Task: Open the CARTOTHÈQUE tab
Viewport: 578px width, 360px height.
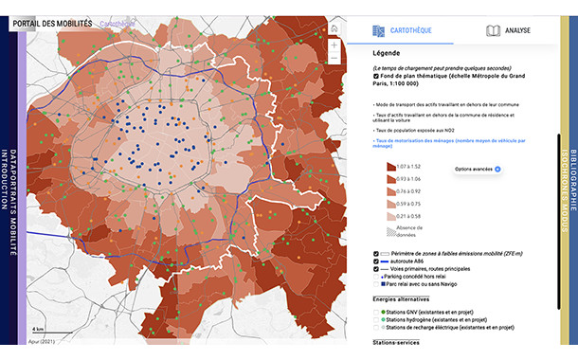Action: pos(411,30)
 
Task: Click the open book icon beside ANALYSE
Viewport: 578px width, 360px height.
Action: pos(493,30)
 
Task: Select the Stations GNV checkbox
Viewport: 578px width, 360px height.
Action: pos(376,312)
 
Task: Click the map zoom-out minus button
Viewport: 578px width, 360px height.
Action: pos(334,59)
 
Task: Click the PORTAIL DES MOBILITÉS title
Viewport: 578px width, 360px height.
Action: pos(61,22)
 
